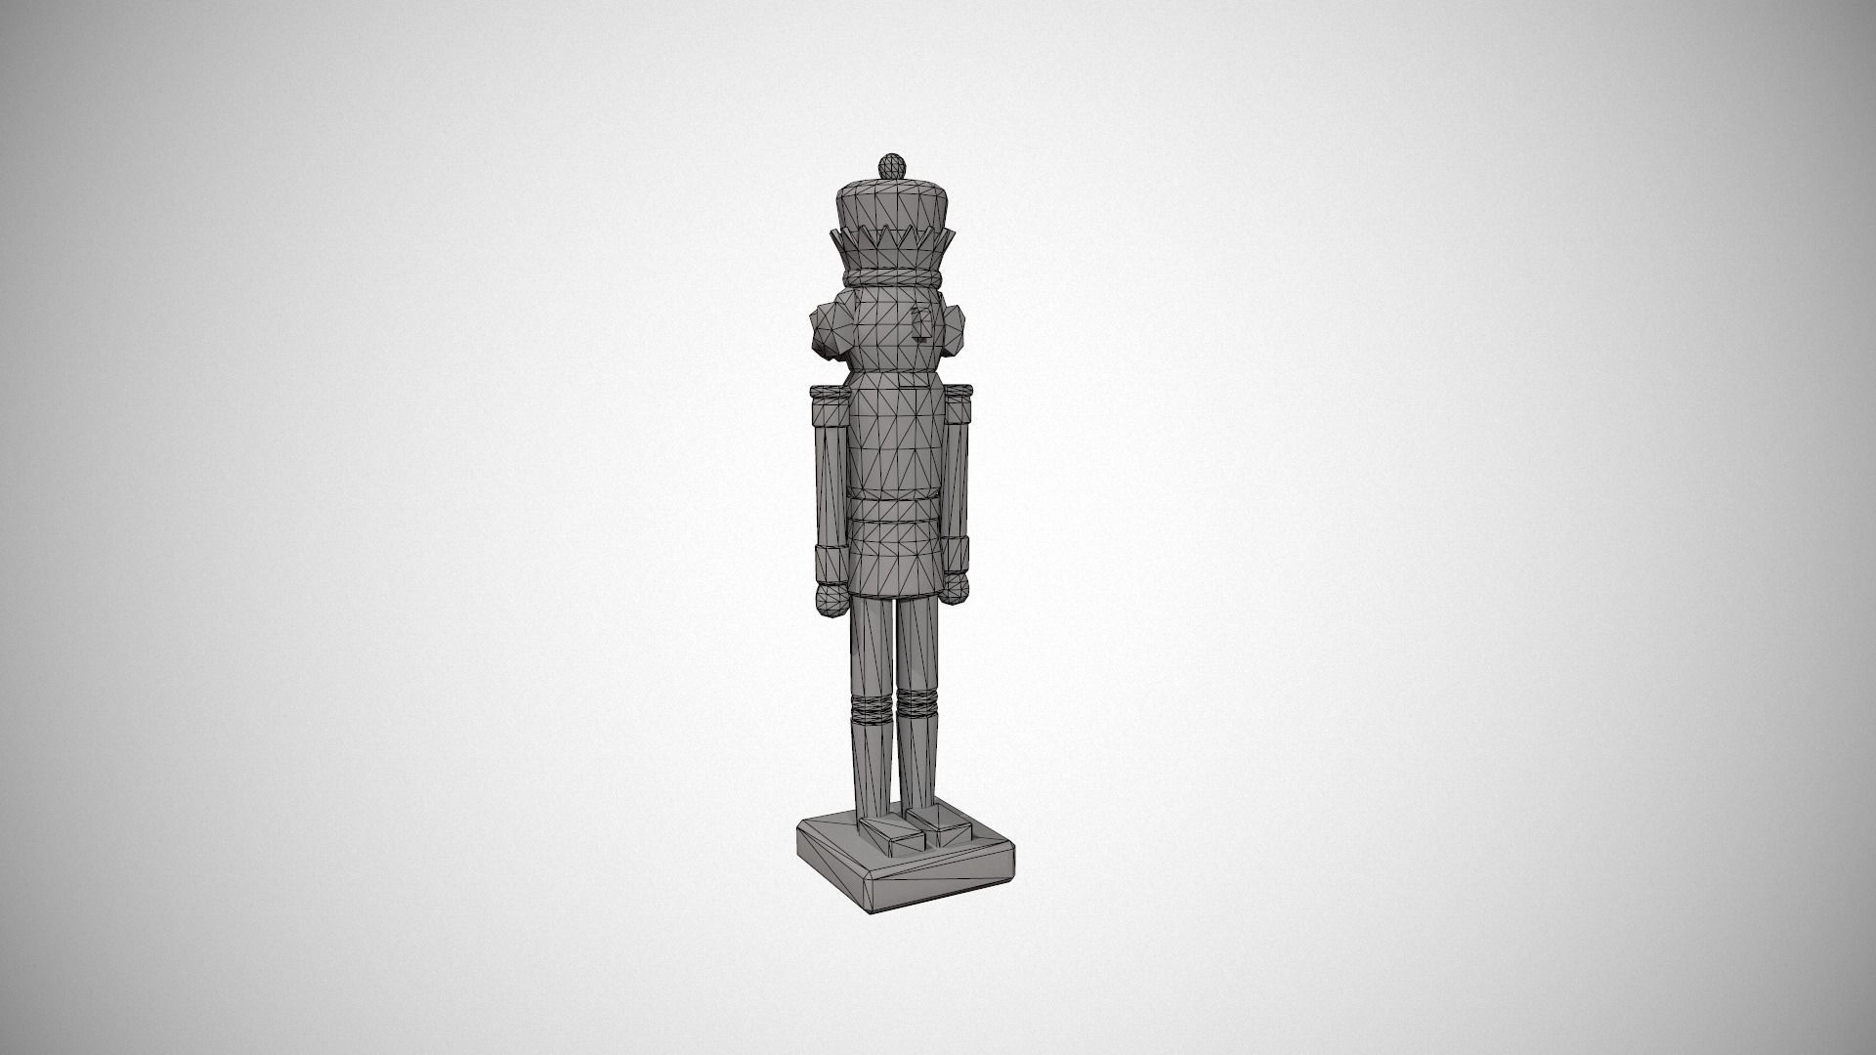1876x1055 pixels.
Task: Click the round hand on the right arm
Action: (955, 585)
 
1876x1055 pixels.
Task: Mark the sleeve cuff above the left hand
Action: (829, 564)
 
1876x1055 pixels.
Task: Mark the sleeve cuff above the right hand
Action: (957, 554)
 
